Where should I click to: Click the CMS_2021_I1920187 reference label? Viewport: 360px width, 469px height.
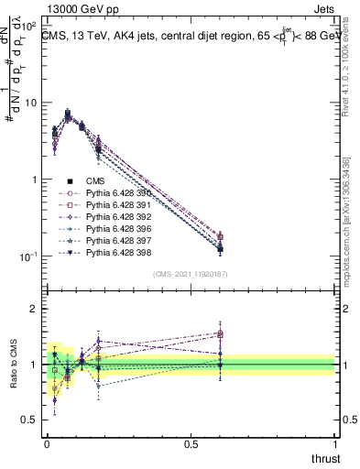coord(190,274)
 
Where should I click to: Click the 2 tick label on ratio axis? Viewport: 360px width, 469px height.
coord(31,309)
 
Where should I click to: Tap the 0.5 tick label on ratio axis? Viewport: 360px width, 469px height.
coord(27,420)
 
